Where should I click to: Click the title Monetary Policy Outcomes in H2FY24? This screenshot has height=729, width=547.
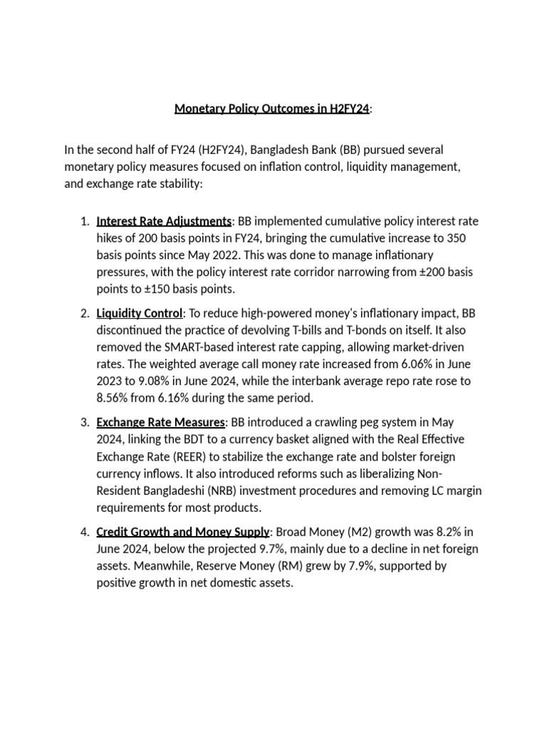click(x=272, y=109)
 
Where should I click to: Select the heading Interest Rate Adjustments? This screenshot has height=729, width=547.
click(x=164, y=220)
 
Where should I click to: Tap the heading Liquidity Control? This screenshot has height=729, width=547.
click(x=140, y=313)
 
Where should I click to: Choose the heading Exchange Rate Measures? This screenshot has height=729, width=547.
click(x=160, y=422)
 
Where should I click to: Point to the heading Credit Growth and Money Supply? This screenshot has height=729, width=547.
click(x=182, y=532)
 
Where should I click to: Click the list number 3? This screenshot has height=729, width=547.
click(x=84, y=422)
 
